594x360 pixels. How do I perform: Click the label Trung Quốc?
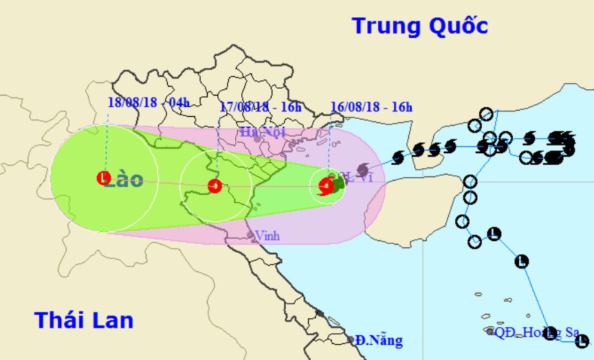[420, 26]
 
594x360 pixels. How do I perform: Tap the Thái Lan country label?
[84, 319]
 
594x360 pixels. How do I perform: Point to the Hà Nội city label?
[262, 131]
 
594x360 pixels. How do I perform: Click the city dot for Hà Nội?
[257, 139]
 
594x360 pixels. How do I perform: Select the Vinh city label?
[267, 236]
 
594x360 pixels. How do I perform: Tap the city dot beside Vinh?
[251, 236]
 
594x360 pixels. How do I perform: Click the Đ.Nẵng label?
[379, 340]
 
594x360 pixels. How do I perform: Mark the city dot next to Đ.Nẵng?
[351, 339]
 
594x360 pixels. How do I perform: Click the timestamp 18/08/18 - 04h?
[148, 102]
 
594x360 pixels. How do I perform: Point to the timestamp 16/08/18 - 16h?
[371, 106]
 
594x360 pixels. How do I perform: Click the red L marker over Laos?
[103, 178]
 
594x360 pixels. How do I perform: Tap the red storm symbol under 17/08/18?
[214, 185]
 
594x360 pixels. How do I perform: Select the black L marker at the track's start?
[582, 339]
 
